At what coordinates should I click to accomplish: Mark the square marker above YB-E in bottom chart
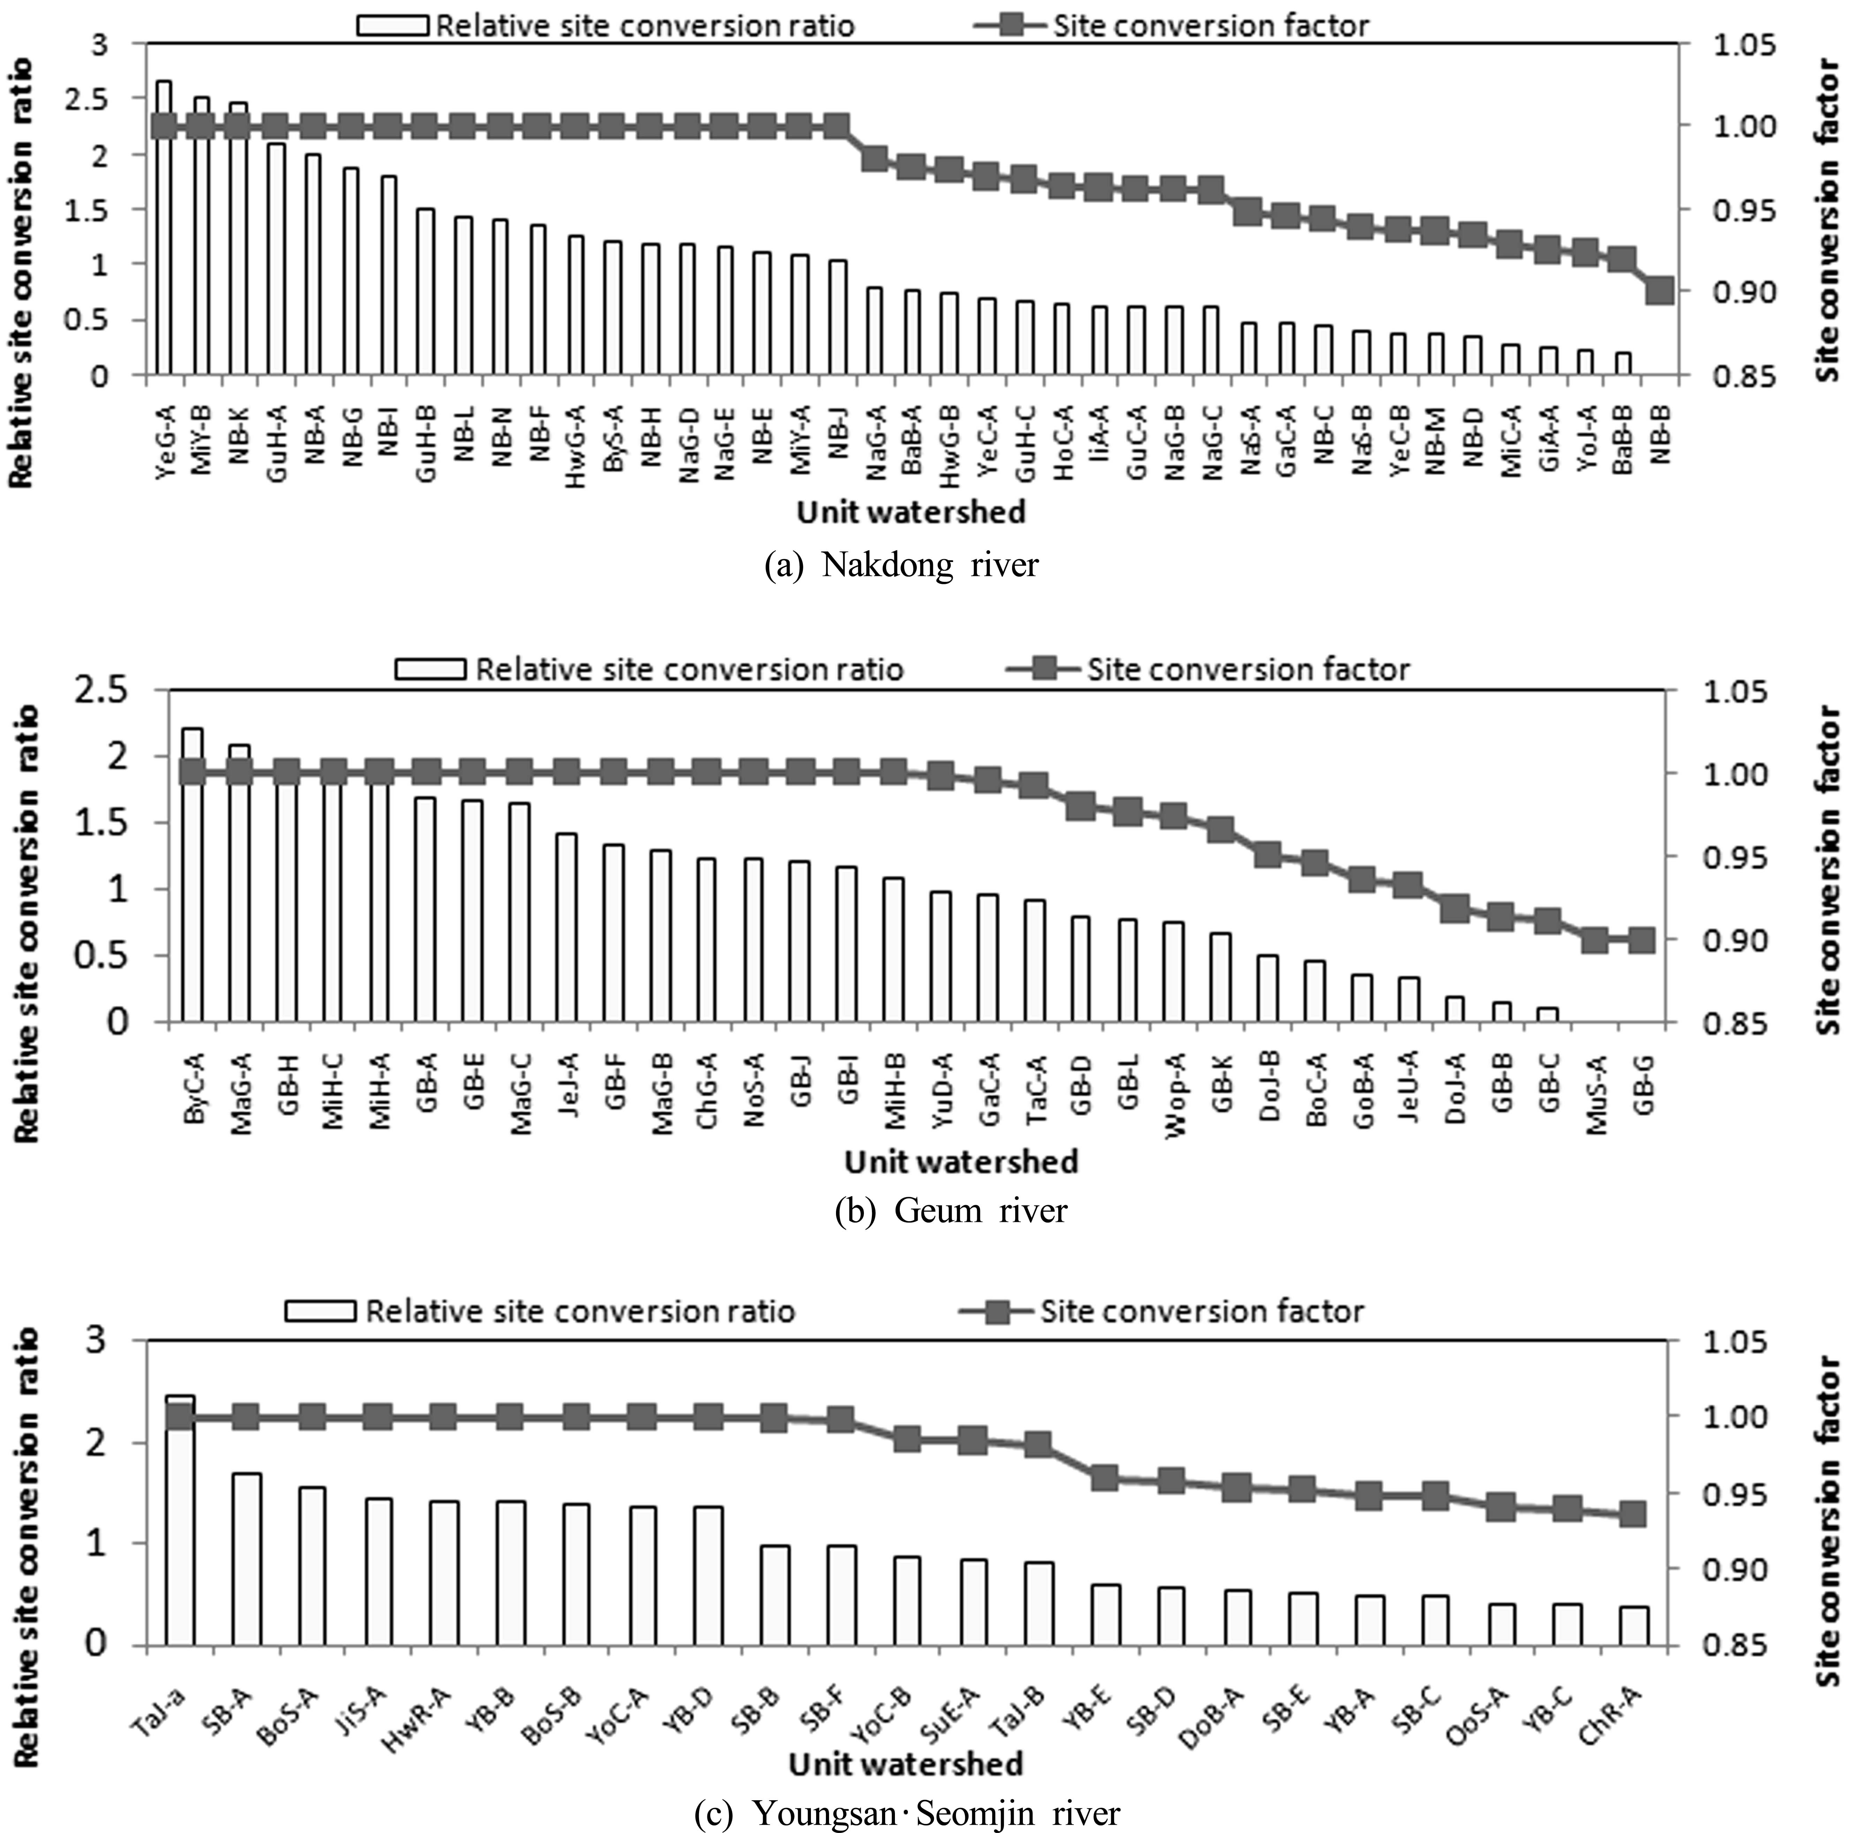[1105, 1478]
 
